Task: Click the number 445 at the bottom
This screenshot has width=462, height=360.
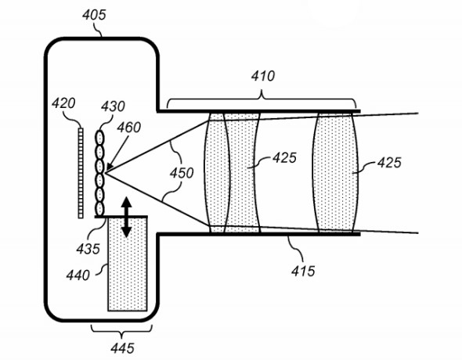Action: click(123, 345)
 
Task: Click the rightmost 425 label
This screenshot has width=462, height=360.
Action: click(388, 164)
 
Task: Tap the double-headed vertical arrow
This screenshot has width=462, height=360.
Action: click(126, 213)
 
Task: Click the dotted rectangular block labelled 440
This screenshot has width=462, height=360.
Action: click(125, 270)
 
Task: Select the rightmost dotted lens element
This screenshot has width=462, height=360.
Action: click(337, 172)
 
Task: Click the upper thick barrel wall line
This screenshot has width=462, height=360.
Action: click(258, 112)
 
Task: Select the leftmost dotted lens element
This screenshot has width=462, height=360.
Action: click(215, 172)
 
